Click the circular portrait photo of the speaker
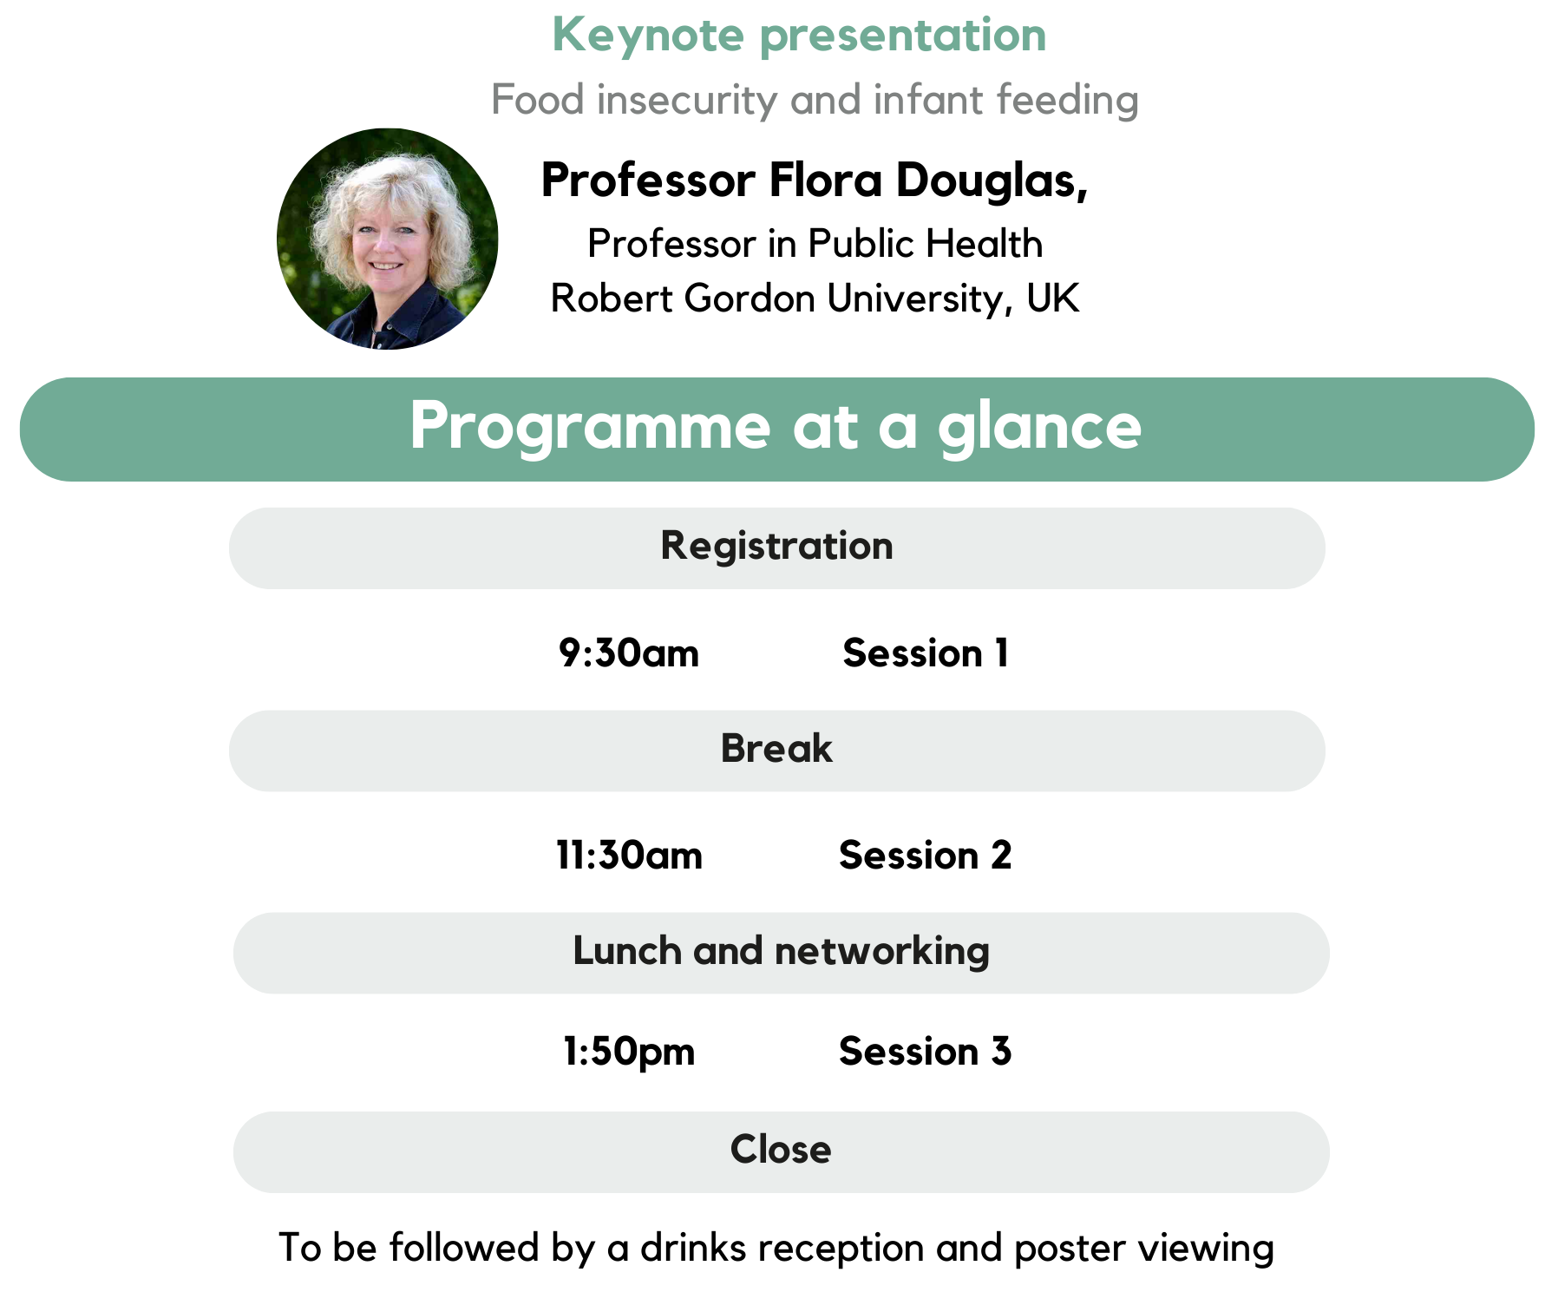tap(388, 239)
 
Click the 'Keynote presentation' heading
tap(799, 36)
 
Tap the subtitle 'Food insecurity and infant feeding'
tap(815, 100)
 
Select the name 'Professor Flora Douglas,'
tap(815, 180)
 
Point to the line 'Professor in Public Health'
tap(815, 244)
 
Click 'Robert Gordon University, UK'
tap(815, 298)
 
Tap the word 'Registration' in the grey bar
tap(776, 547)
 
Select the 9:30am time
tap(629, 653)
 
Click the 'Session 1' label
tap(926, 653)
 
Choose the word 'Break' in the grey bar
tap(776, 748)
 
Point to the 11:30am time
tap(629, 856)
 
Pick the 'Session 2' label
tap(926, 856)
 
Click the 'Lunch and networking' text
tap(781, 952)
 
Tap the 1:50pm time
tap(629, 1053)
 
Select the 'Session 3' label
tap(926, 1052)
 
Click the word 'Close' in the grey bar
tap(781, 1150)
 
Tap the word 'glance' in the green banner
tap(1039, 428)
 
